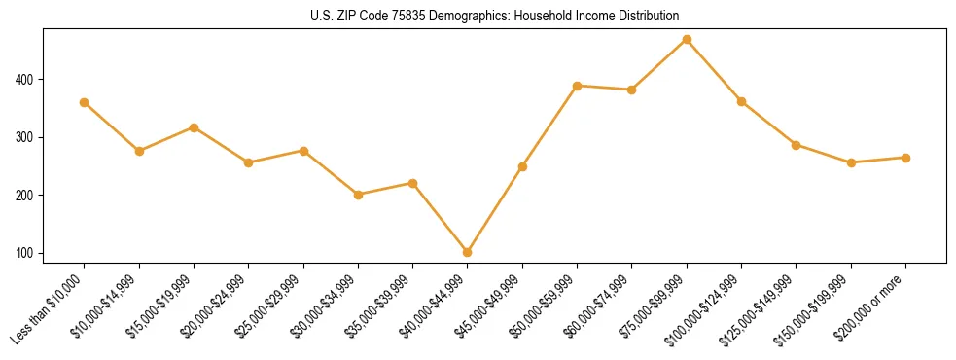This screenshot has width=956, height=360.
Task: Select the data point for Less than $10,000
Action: point(85,102)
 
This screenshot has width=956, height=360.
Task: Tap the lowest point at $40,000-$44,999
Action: point(468,252)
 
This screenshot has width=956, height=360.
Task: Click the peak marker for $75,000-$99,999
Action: point(687,39)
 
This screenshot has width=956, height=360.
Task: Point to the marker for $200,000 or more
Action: point(905,158)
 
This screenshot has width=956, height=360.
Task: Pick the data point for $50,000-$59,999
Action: point(578,86)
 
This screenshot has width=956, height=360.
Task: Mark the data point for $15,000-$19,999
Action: point(195,127)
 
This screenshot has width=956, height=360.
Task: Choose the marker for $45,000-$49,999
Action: point(522,166)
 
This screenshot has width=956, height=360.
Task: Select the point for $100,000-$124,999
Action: point(741,101)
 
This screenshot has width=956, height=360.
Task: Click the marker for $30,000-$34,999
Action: point(358,195)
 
